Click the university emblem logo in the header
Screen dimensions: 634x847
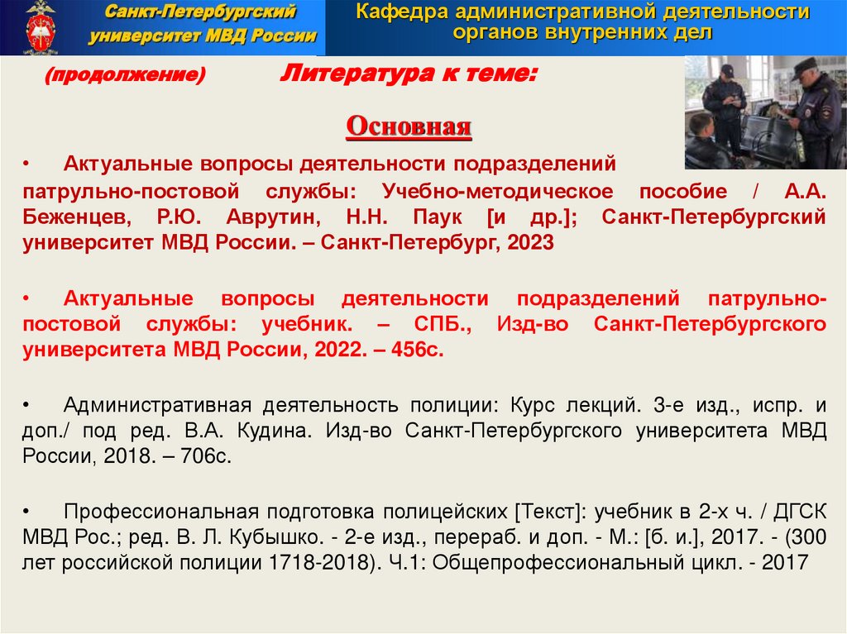click(x=39, y=27)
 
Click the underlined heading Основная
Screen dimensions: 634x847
click(x=409, y=127)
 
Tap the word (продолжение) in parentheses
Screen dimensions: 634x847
click(x=125, y=76)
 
